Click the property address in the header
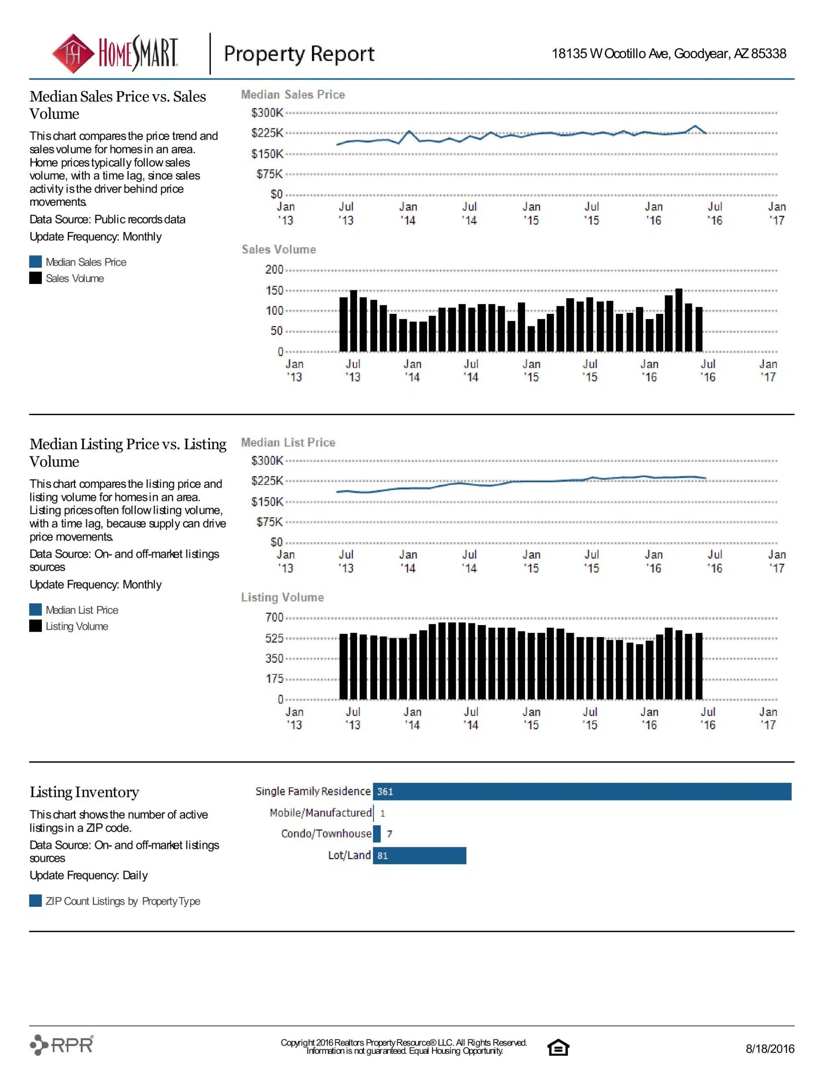click(x=669, y=54)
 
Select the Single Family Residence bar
click(x=582, y=792)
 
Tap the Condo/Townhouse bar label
click(x=326, y=834)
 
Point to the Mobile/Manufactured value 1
click(x=383, y=813)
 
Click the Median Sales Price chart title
click(x=293, y=95)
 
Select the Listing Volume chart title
click(x=282, y=597)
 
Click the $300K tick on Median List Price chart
click(x=267, y=461)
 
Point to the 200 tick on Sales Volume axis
click(x=274, y=270)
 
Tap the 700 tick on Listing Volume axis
click(x=274, y=617)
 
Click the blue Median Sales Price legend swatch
click(x=35, y=262)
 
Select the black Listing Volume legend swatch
click(x=35, y=626)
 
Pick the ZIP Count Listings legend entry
click(x=115, y=901)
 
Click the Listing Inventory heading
click(x=84, y=792)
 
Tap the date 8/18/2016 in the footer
click(x=770, y=1048)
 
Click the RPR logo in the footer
click(x=62, y=1045)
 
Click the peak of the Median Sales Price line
click(x=695, y=126)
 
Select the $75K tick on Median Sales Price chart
click(x=270, y=174)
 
